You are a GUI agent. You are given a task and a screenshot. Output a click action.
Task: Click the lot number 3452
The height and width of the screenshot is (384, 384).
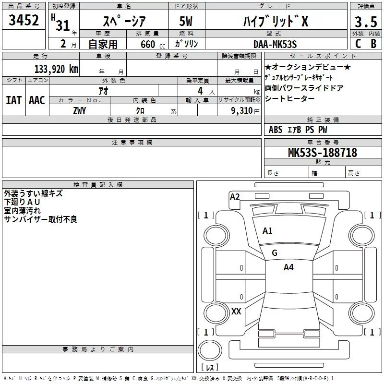pyautogui.click(x=24, y=21)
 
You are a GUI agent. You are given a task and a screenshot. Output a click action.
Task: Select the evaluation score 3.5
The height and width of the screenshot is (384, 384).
pyautogui.click(x=365, y=22)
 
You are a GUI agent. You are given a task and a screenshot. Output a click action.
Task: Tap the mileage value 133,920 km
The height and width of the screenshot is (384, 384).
pyautogui.click(x=56, y=69)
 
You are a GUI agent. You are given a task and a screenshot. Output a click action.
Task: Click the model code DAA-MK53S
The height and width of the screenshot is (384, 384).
pyautogui.click(x=275, y=44)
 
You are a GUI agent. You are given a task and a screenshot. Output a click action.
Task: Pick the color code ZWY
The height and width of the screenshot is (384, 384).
pyautogui.click(x=80, y=111)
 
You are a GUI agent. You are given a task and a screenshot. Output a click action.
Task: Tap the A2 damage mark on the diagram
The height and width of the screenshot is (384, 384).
pyautogui.click(x=235, y=196)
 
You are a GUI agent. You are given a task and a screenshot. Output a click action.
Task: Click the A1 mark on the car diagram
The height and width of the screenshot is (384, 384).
pyautogui.click(x=267, y=231)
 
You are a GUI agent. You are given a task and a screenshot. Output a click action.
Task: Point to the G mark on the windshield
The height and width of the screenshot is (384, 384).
pyautogui.click(x=275, y=253)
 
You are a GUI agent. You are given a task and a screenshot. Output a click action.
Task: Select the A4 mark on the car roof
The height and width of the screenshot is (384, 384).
pyautogui.click(x=288, y=267)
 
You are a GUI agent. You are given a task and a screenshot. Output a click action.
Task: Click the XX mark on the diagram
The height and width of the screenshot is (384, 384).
pyautogui.click(x=236, y=312)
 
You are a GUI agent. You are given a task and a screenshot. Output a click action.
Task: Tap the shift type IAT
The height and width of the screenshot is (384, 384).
pyautogui.click(x=13, y=100)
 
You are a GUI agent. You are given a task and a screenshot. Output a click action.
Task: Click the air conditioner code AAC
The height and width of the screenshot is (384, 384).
pyautogui.click(x=37, y=100)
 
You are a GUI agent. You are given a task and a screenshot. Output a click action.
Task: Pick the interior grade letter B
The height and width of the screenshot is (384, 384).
pyautogui.click(x=373, y=44)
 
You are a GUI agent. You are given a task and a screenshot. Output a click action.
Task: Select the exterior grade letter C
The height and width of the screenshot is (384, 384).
pyautogui.click(x=358, y=44)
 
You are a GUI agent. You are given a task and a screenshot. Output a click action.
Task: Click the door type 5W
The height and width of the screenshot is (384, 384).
pyautogui.click(x=187, y=22)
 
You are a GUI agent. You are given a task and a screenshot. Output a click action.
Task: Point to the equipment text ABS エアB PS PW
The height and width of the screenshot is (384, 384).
pyautogui.click(x=298, y=130)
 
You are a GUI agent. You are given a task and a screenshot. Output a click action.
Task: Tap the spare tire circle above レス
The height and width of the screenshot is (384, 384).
pyautogui.click(x=209, y=350)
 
